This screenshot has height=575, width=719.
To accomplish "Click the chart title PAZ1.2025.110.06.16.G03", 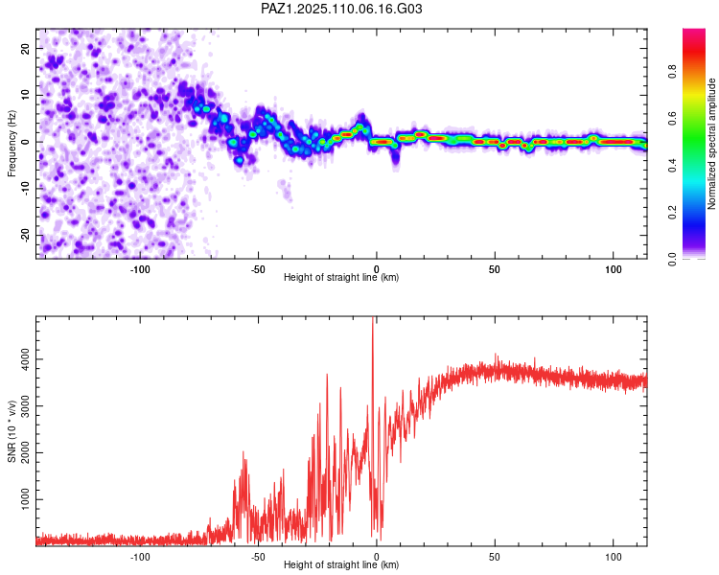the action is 341,9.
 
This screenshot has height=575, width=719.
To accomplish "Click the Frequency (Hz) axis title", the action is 12,144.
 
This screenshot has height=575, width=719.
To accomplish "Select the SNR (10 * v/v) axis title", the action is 12,431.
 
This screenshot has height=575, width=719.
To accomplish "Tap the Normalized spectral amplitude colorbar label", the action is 711,144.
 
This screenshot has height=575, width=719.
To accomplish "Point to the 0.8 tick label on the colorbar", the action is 672,72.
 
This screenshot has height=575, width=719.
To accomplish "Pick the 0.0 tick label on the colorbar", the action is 672,259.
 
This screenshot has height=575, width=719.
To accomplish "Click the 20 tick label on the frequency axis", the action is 25,48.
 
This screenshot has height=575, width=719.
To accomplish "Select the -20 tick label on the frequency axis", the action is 25,236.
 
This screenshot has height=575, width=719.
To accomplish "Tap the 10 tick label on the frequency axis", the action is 25,95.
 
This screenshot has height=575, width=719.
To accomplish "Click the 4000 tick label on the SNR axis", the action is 25,359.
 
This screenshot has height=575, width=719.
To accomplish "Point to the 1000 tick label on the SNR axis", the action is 25,499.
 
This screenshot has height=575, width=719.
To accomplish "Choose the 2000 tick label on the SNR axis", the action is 25,452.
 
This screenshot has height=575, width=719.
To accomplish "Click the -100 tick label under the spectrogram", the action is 140,269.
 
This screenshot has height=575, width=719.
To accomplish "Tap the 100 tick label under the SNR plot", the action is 614,557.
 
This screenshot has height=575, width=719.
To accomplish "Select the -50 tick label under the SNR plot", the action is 258,557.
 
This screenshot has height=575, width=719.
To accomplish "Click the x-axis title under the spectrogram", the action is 341,277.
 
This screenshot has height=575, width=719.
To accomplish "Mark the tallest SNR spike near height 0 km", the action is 373,319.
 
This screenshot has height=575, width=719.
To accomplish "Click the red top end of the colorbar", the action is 694,32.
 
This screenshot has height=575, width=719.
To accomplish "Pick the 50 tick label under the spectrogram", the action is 495,269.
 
